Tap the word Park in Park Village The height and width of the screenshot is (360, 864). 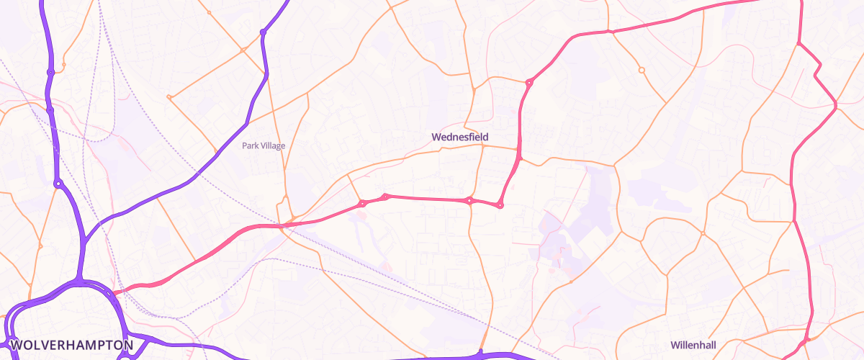[250, 145]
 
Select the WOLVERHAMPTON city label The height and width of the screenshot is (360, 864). [72, 345]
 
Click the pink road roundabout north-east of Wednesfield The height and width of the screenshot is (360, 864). [529, 83]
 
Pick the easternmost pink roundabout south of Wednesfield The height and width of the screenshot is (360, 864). [500, 206]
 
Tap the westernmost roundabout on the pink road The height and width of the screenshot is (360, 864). [362, 204]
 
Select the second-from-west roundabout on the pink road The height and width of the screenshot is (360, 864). [385, 197]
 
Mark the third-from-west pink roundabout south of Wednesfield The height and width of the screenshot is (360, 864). [469, 201]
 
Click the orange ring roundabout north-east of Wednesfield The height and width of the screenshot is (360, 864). [642, 71]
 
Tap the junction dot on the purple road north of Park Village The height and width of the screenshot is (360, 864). [264, 32]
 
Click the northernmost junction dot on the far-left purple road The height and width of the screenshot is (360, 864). [50, 72]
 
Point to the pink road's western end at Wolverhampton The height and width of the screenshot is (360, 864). [114, 292]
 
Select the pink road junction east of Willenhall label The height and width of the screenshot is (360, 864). [807, 338]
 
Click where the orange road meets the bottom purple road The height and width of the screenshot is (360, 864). [480, 354]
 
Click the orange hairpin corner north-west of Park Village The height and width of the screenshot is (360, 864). [169, 96]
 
